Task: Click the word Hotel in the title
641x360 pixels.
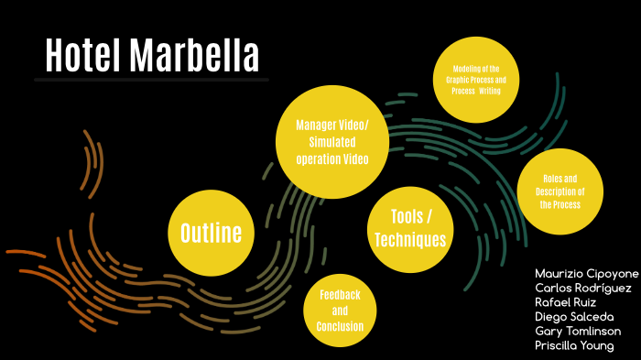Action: [x=83, y=56]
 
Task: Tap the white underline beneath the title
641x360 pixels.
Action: [x=151, y=80]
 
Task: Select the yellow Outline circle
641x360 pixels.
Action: [x=211, y=233]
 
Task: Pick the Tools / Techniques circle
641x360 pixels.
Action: [x=410, y=228]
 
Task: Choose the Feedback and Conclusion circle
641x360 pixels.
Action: [x=340, y=311]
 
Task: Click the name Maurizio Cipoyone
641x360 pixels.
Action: [x=585, y=274]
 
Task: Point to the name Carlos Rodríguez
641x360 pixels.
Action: [x=582, y=289]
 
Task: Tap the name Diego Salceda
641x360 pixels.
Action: [x=574, y=317]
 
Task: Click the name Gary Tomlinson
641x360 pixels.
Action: [x=578, y=331]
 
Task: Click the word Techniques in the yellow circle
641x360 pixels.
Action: [x=410, y=240]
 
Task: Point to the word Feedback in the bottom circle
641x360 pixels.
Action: [x=340, y=295]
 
